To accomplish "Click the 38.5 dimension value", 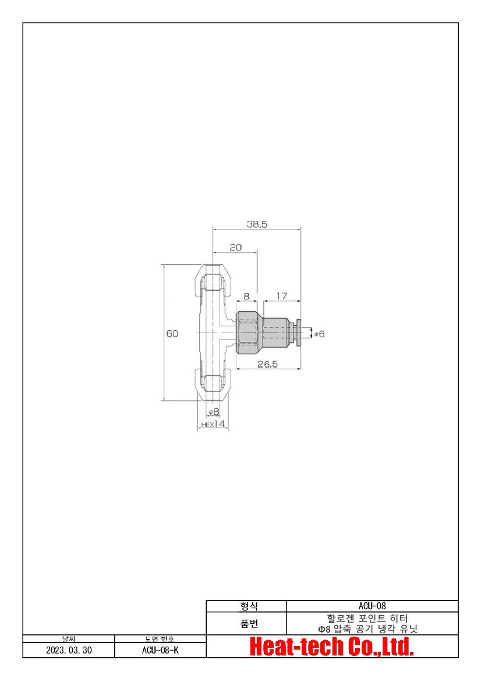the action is click(257, 224).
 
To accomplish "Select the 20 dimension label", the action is click(236, 247).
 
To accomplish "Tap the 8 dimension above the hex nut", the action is click(246, 296).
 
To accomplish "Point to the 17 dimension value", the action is click(282, 296).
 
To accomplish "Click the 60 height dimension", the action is click(172, 334).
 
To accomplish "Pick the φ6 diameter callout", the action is click(320, 334).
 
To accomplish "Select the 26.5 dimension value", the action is click(267, 364).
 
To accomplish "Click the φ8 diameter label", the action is click(214, 411).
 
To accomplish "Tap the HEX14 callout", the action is click(213, 424).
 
